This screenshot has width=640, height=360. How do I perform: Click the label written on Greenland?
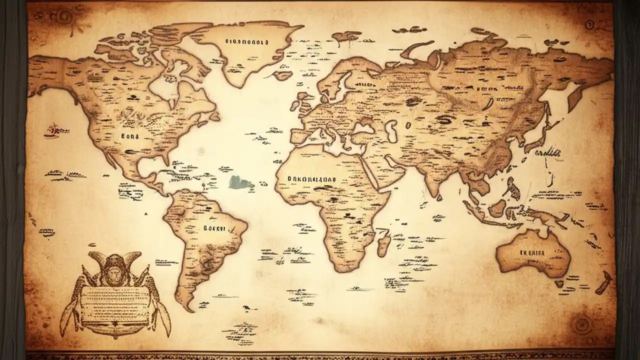click(246, 42)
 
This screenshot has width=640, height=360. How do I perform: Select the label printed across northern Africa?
click(312, 178)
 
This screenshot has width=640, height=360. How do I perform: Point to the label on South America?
click(214, 228)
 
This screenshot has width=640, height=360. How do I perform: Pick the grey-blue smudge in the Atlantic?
click(242, 181)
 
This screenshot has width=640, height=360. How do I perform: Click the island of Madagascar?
click(385, 245)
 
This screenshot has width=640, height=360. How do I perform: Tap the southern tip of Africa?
click(341, 269)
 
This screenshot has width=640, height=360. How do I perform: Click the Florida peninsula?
click(164, 159)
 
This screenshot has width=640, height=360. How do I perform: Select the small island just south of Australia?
click(559, 283)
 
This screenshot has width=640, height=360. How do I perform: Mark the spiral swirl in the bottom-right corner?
click(581, 325)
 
